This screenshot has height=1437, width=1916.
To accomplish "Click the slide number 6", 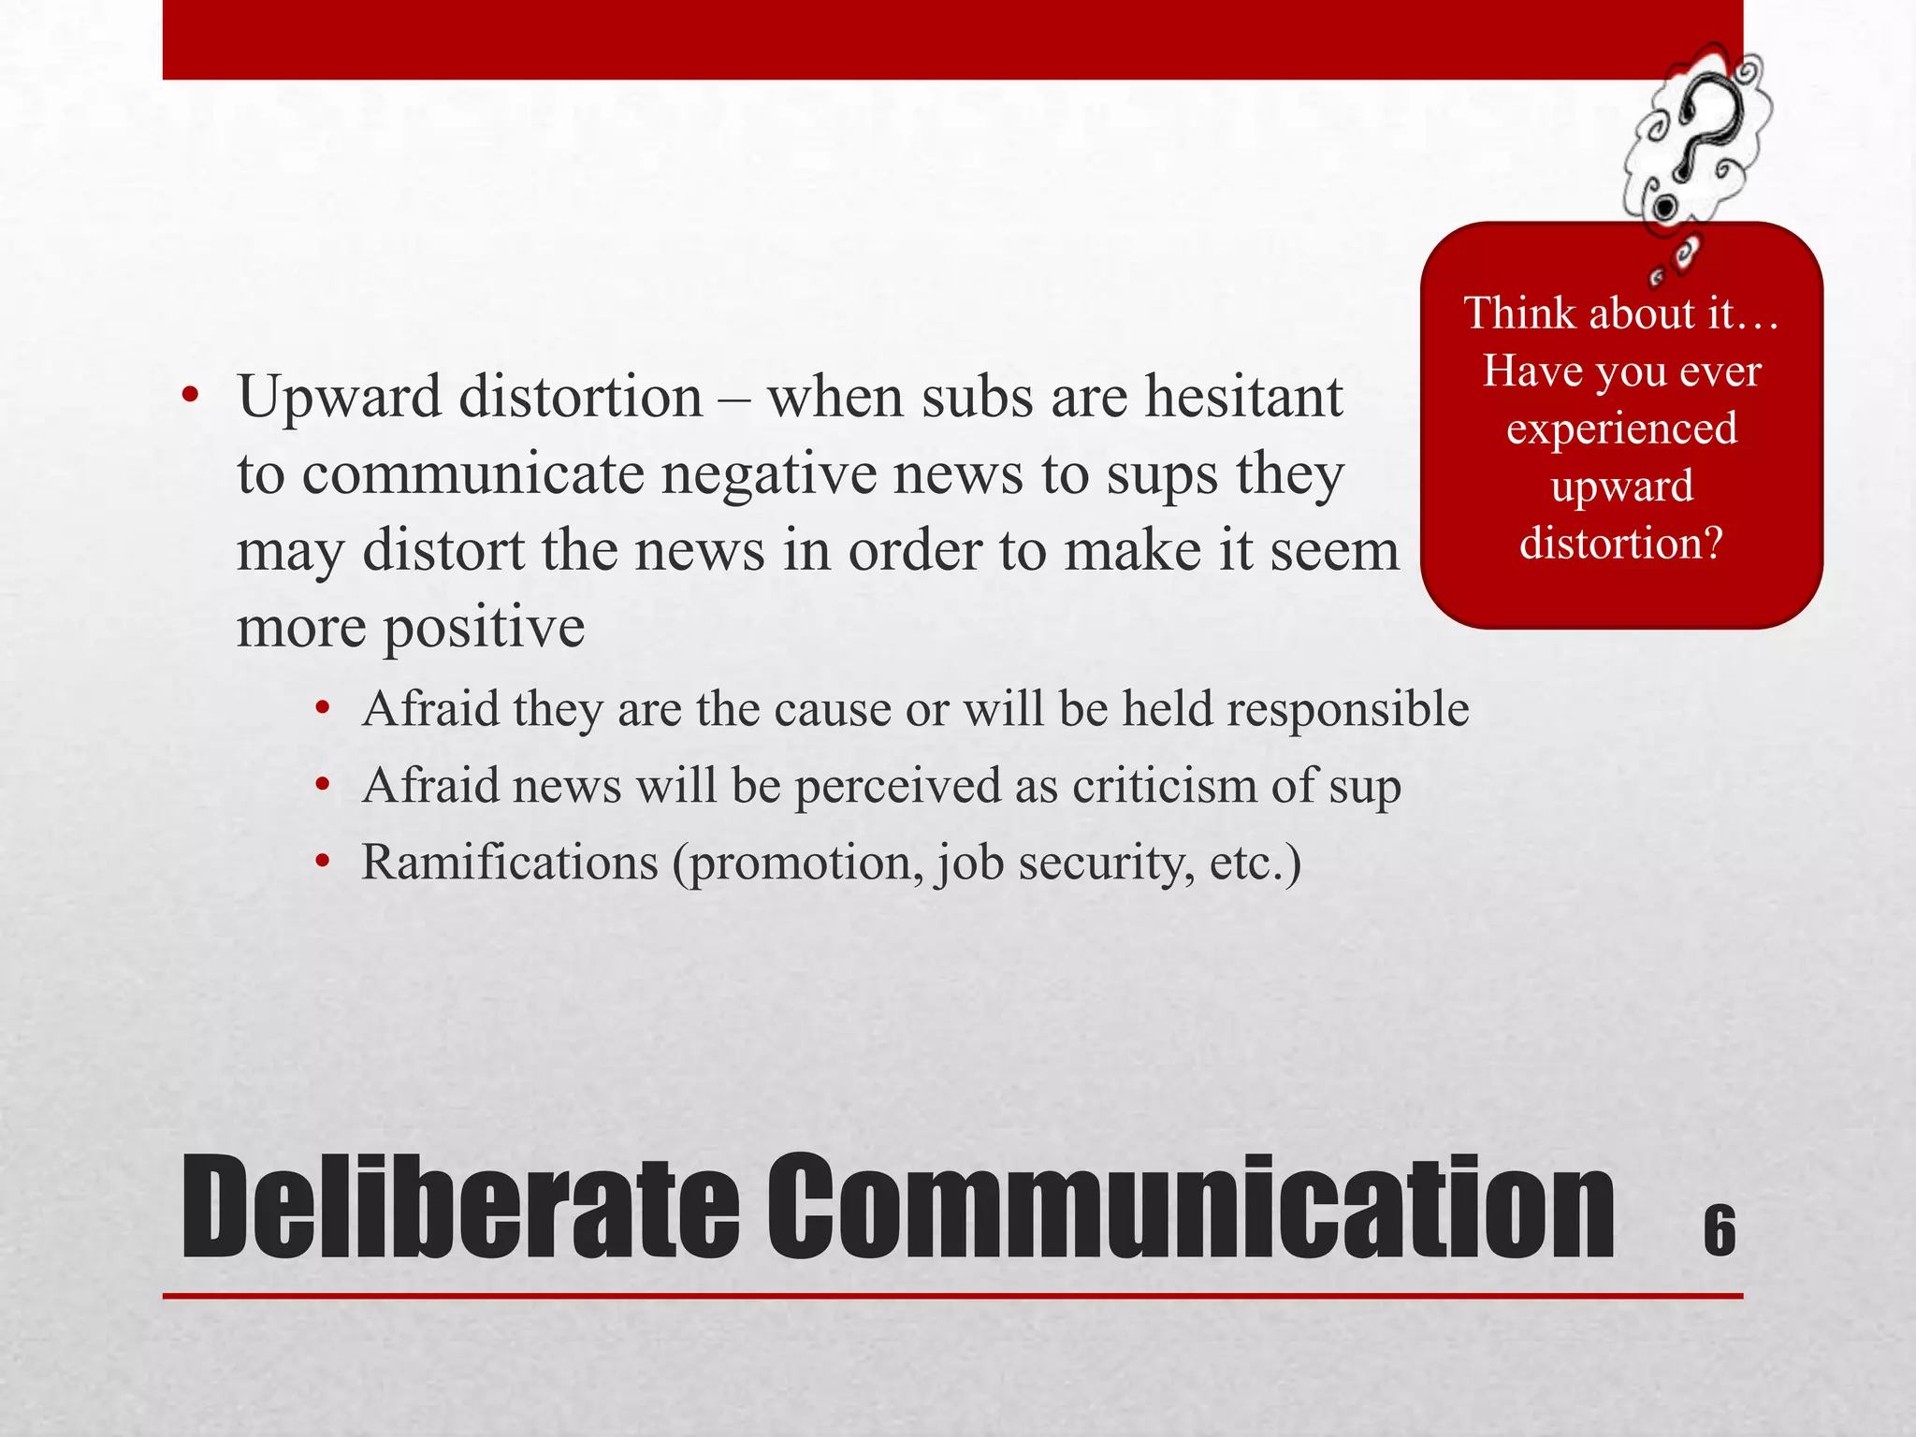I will pos(1720,1230).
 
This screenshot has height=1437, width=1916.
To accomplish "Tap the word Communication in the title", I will pos(1191,1208).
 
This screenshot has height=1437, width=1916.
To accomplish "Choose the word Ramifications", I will pos(510,862).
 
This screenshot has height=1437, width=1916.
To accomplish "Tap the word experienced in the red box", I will pos(1621,428).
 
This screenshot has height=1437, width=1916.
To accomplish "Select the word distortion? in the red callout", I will pos(1621,544).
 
